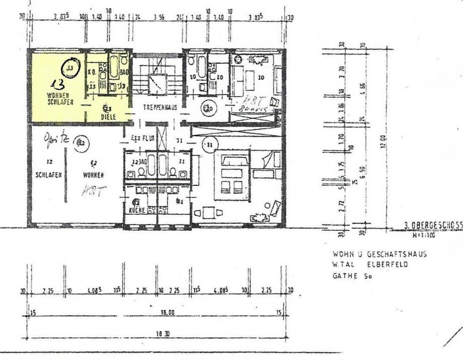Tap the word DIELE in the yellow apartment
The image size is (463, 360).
(108, 116)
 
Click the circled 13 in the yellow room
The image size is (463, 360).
(71, 67)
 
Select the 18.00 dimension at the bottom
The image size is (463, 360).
(167, 313)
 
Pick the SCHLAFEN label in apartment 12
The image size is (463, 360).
(48, 175)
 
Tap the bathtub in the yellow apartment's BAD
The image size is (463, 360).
(113, 65)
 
